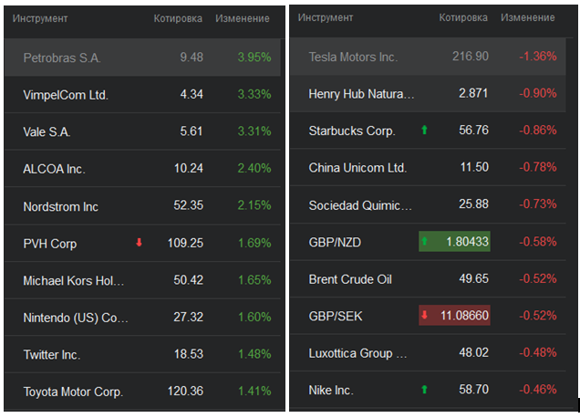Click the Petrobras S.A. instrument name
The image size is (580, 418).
click(62, 57)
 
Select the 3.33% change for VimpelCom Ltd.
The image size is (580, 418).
click(254, 95)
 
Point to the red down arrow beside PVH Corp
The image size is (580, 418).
click(140, 243)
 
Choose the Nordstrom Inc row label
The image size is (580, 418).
click(60, 206)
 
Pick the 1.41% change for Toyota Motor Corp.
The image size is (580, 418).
click(254, 392)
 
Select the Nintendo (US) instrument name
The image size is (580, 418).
click(76, 318)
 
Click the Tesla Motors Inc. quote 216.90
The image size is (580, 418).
click(470, 57)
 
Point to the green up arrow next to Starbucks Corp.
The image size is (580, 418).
click(424, 131)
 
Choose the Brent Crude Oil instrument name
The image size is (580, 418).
click(350, 279)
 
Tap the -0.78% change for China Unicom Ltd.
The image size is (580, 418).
click(538, 168)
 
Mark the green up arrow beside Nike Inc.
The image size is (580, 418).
click(424, 390)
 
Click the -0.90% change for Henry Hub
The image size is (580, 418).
click(538, 93)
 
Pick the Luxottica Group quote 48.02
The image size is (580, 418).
click(472, 353)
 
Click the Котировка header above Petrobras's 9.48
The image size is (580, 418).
click(178, 18)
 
